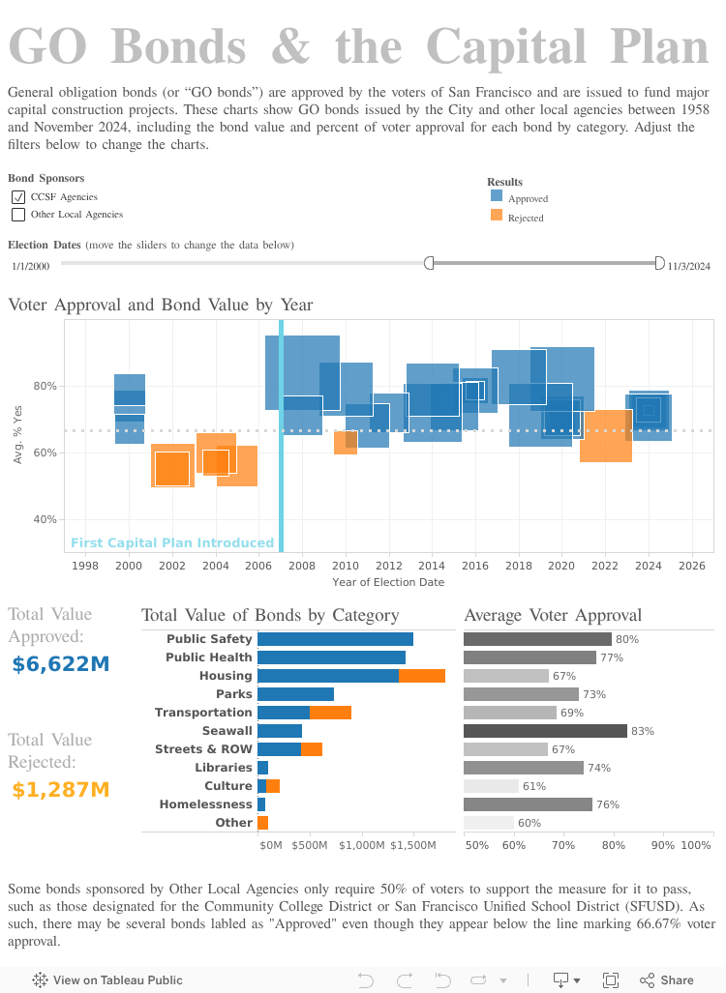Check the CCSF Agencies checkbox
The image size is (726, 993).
(x=17, y=197)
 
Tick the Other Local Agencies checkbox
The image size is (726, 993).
(x=17, y=215)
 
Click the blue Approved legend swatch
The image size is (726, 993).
(x=497, y=194)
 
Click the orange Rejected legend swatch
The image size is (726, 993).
(x=497, y=215)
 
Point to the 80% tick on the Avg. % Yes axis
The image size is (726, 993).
(x=45, y=386)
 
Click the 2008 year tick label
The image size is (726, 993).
(x=302, y=566)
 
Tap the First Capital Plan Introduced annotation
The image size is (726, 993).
(x=172, y=543)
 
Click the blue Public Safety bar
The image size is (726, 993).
(x=335, y=639)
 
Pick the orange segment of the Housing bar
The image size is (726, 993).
(x=422, y=676)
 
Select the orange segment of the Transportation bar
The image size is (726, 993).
(x=330, y=713)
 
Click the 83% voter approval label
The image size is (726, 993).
(x=642, y=731)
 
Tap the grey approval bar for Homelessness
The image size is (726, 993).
(x=528, y=804)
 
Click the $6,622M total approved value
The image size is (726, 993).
(x=61, y=664)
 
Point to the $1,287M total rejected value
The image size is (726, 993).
(x=61, y=790)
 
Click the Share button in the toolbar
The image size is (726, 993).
(x=667, y=979)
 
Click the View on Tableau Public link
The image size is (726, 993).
(x=107, y=979)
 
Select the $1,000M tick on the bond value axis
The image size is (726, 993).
(x=361, y=845)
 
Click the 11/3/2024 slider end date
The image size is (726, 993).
(x=688, y=266)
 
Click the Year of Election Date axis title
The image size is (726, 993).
(x=388, y=582)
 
